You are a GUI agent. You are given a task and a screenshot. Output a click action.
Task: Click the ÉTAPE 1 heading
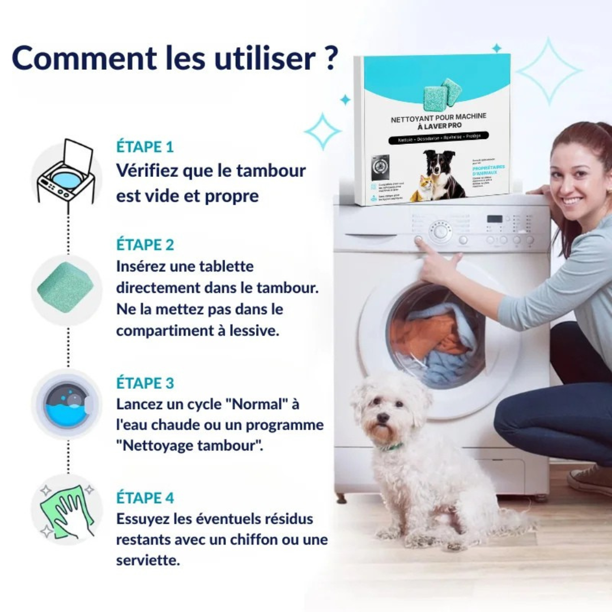click(x=144, y=146)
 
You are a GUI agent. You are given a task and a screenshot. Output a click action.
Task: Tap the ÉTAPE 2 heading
click(x=145, y=245)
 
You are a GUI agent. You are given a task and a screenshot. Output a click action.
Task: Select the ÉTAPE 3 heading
click(x=145, y=382)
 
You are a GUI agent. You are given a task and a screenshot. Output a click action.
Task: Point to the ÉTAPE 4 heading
click(x=145, y=498)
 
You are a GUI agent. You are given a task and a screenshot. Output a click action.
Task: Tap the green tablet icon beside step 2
click(x=65, y=287)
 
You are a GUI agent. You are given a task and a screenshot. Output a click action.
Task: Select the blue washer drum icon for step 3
click(x=66, y=404)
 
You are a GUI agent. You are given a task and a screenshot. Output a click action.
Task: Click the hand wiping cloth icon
click(x=66, y=509)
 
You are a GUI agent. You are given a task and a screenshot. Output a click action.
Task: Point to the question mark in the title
click(x=331, y=58)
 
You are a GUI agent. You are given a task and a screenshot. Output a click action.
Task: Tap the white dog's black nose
click(x=383, y=418)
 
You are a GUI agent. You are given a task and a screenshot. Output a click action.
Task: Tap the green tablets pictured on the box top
click(x=443, y=94)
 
